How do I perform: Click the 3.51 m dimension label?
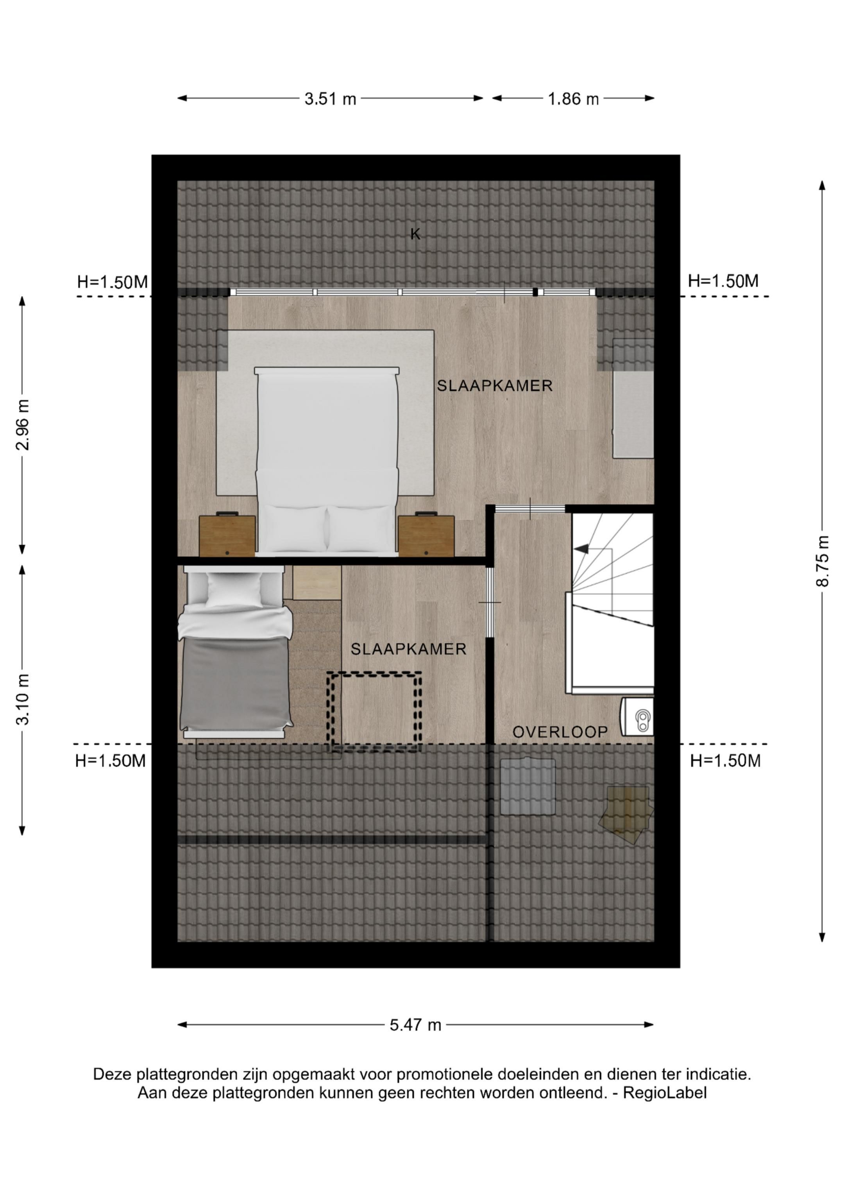330,99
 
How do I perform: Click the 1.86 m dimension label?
573,99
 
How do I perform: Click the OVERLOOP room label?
560,732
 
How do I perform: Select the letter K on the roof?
415,235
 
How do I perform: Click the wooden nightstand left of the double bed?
227,535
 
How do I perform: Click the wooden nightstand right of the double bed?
426,535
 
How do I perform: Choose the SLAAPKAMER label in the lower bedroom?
408,649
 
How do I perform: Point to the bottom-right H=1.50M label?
725,761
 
